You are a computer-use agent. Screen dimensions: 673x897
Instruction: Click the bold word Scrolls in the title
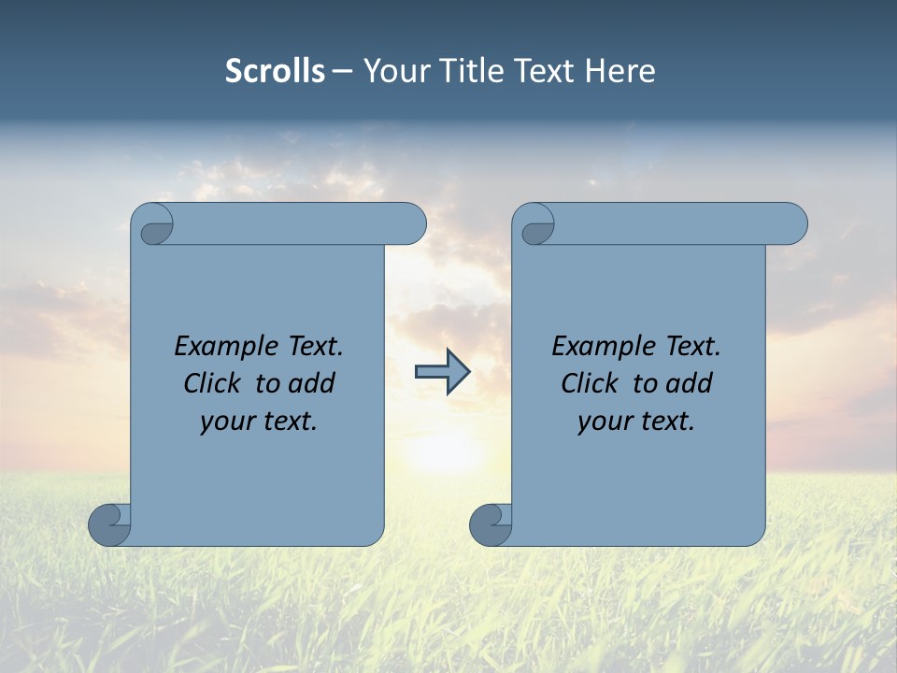[x=275, y=70]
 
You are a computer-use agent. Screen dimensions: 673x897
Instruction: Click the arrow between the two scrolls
[x=442, y=372]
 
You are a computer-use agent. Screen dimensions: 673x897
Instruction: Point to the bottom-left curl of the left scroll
[x=110, y=524]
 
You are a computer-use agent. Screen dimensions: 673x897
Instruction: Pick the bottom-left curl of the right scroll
[x=491, y=524]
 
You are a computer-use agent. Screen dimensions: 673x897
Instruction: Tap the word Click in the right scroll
[x=590, y=383]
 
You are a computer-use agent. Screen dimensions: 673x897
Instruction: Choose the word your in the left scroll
[x=226, y=422]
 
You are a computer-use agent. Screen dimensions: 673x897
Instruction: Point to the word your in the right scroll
[x=604, y=422]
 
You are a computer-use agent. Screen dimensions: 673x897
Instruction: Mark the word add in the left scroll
[x=311, y=383]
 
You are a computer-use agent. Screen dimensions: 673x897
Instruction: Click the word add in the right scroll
[x=689, y=383]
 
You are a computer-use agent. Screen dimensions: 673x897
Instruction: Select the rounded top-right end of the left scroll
[x=411, y=224]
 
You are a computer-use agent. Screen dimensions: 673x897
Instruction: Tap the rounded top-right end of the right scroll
[x=792, y=224]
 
